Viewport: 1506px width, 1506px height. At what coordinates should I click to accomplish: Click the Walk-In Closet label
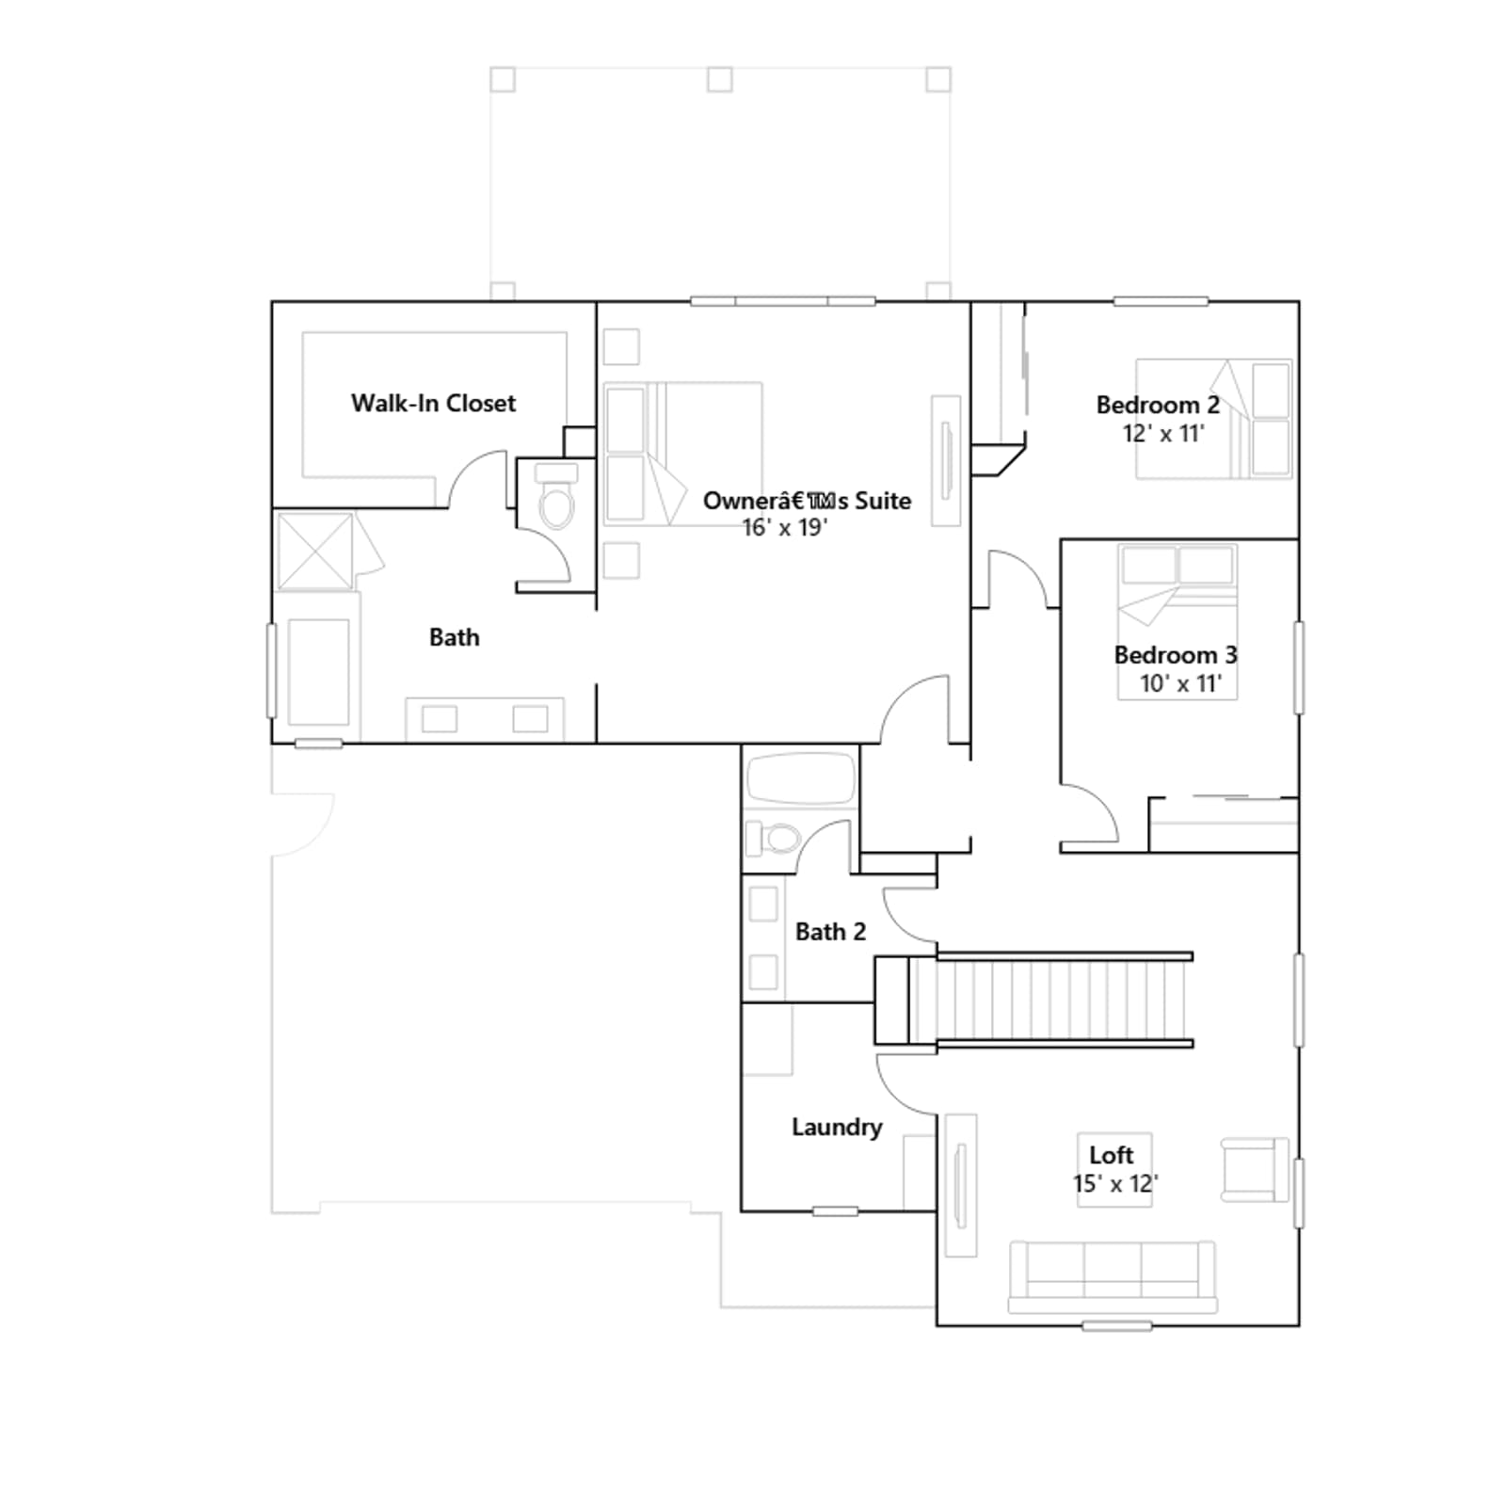click(433, 404)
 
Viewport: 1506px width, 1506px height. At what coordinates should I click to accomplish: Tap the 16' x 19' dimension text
click(784, 528)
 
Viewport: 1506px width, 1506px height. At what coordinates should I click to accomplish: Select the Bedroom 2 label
click(1158, 406)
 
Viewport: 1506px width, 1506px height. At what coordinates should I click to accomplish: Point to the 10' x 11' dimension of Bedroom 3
click(1180, 684)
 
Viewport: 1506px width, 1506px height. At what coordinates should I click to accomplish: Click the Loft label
click(1112, 1155)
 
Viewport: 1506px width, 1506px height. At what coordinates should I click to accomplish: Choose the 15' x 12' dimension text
click(1115, 1184)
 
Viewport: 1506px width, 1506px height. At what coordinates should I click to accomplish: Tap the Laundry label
click(837, 1128)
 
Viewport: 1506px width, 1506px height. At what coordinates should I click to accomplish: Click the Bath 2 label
click(830, 932)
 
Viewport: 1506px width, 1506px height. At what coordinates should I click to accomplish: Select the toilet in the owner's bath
click(556, 495)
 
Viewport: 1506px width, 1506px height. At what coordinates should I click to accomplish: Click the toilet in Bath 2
click(773, 837)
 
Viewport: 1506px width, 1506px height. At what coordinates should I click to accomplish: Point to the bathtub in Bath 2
click(800, 778)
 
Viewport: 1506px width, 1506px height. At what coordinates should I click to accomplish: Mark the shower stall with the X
click(315, 552)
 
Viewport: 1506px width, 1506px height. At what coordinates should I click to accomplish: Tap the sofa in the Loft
click(1113, 1277)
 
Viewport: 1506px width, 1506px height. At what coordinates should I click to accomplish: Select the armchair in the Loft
click(1255, 1170)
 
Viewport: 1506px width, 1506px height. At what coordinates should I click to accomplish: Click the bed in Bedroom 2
click(1214, 419)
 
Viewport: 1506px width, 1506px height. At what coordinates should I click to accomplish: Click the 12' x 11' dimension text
click(1163, 434)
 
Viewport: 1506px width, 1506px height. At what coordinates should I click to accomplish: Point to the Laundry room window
click(835, 1211)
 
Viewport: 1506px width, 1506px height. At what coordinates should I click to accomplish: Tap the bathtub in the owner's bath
click(318, 671)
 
